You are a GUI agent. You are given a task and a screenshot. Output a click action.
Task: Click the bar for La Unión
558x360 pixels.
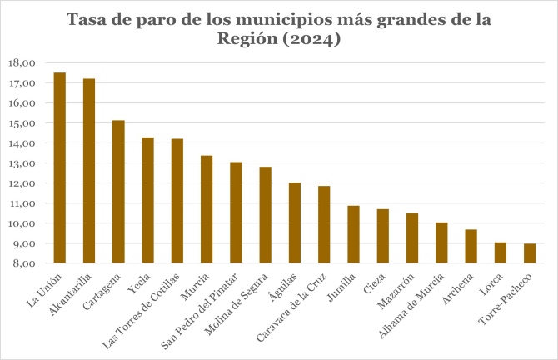click(59, 167)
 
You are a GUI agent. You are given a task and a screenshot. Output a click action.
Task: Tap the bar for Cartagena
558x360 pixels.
click(118, 192)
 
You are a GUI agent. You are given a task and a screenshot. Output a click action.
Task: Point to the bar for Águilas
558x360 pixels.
click(295, 222)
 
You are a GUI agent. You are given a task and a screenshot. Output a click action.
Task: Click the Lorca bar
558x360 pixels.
click(501, 252)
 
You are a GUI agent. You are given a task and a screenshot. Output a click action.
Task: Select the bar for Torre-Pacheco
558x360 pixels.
click(530, 253)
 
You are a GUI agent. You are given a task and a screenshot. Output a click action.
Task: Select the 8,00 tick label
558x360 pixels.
click(22, 263)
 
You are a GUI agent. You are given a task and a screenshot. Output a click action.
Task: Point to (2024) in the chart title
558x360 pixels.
click(311, 39)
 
